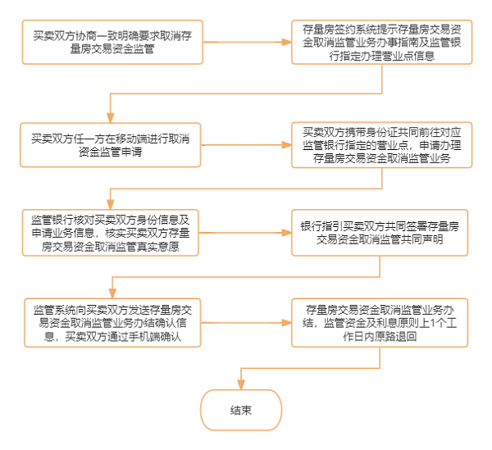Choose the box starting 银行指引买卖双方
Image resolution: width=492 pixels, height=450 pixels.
click(380, 232)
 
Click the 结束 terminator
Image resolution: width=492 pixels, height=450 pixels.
click(240, 411)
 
